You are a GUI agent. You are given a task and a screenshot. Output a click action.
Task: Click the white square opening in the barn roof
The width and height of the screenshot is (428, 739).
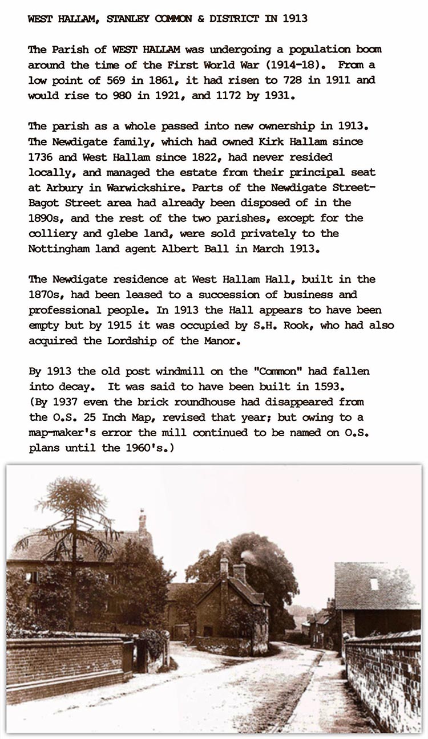click(374, 584)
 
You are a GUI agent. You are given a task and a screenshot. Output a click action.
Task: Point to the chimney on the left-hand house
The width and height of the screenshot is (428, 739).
click(142, 522)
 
